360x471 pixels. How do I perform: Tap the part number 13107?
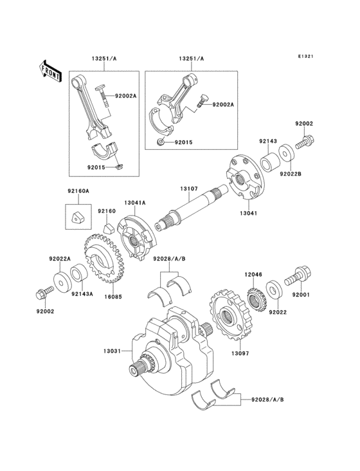tap(189, 189)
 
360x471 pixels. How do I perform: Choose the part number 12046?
tap(253, 274)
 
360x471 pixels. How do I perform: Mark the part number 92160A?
tap(78, 191)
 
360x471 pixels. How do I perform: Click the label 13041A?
tap(135, 203)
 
